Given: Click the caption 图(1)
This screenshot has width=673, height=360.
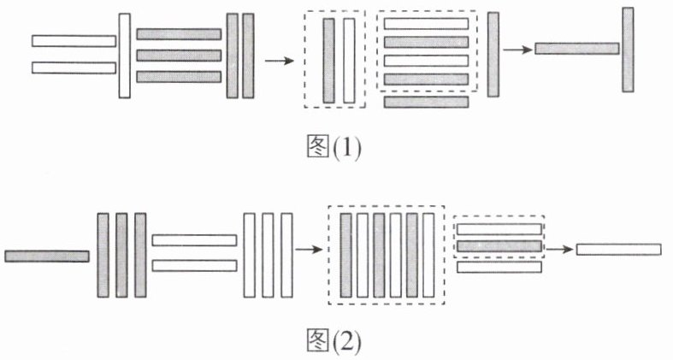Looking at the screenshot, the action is tap(334, 148).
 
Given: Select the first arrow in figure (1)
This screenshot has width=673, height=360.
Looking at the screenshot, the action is tap(277, 61).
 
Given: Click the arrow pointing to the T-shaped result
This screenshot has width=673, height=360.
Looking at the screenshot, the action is tap(516, 49).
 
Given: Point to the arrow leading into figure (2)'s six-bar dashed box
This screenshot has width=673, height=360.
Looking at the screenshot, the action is tap(309, 250).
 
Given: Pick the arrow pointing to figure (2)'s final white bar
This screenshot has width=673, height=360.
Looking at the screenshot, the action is tap(559, 249).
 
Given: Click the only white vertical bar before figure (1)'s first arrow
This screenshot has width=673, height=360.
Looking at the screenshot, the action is tap(125, 55).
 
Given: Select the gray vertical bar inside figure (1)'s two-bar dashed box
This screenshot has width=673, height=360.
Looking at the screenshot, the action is tap(328, 60).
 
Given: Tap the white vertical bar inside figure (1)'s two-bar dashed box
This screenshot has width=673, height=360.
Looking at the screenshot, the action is tap(348, 60).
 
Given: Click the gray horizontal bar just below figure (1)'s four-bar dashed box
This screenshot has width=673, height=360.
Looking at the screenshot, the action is tap(427, 102).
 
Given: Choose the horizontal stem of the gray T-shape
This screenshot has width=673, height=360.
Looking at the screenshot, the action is tap(576, 49).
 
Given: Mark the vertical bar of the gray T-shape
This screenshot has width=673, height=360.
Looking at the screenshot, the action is tap(628, 50).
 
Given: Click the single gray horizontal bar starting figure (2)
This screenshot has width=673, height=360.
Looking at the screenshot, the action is tap(47, 256).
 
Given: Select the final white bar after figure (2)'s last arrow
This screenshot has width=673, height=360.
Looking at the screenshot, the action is tap(618, 249).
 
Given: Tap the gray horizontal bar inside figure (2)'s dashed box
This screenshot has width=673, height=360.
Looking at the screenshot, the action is tap(499, 246).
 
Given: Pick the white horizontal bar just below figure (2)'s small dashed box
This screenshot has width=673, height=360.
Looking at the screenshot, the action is tap(499, 267).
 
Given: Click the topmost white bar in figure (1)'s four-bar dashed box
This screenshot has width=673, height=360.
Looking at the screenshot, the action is tap(426, 23).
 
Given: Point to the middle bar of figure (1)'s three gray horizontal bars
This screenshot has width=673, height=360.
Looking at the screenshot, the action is tap(179, 55).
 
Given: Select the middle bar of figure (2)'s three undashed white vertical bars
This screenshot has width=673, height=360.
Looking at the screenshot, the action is tap(269, 255).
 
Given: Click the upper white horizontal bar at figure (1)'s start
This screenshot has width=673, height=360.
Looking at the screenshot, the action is tap(74, 41).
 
